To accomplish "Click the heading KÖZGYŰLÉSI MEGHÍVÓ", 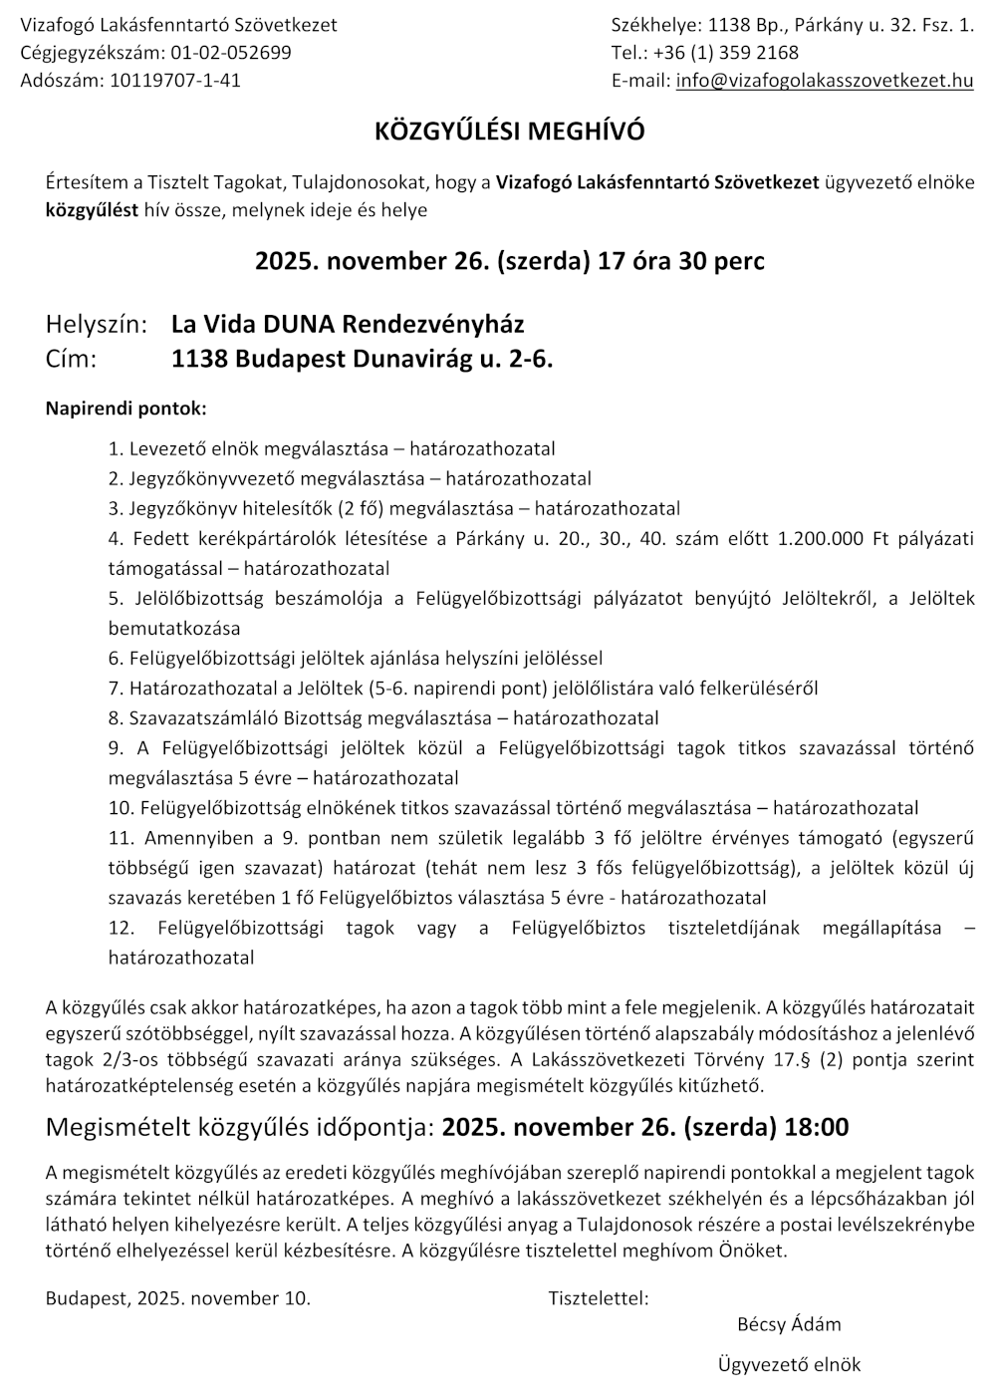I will pos(509,132).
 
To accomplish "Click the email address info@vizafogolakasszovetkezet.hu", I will pos(824,81).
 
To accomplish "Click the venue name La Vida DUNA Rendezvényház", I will pos(348,324).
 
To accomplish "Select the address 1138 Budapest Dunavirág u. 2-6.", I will pos(362,359).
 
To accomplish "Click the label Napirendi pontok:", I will pos(126,409).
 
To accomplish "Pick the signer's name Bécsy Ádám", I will pos(789,1324).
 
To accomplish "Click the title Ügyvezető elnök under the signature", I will pos(789,1365).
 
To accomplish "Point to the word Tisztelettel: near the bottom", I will pos(598,1298).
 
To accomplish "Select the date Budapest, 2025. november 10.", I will pos(178,1298).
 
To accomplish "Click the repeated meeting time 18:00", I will pos(817,1127).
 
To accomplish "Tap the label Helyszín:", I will pos(97,324).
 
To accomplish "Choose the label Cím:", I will pos(72,359).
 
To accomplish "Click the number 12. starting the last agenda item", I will pos(122,928).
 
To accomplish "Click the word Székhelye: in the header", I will pos(649,25).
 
